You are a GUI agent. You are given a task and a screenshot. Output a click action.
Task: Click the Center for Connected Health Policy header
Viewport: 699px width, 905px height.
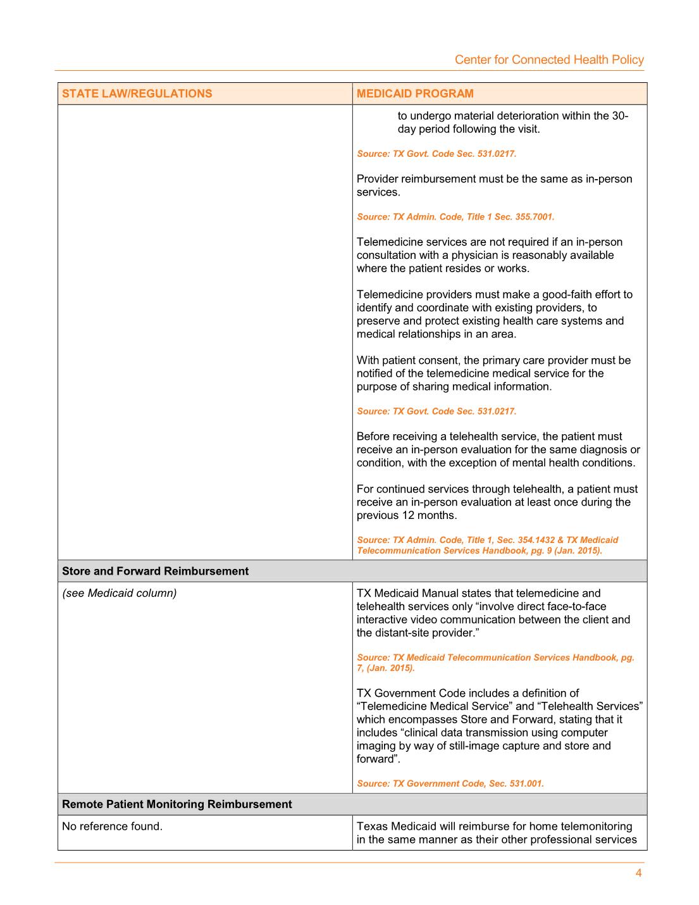[549, 59]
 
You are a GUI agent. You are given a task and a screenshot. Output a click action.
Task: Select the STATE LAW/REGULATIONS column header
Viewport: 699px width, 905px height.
[137, 94]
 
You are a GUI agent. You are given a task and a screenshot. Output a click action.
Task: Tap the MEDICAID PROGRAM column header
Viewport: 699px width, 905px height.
[415, 94]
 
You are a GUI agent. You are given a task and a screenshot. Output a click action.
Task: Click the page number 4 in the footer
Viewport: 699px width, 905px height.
[638, 873]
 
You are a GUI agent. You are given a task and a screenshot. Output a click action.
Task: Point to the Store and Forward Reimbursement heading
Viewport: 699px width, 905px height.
[155, 571]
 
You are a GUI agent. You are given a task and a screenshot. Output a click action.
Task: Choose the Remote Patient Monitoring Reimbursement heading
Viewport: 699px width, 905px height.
[176, 804]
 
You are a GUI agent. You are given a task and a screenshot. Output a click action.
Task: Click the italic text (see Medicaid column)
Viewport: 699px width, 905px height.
[119, 593]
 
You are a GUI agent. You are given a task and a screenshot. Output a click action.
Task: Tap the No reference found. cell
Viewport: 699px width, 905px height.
[112, 826]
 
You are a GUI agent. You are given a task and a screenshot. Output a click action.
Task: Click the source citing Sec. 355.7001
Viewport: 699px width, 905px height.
[455, 216]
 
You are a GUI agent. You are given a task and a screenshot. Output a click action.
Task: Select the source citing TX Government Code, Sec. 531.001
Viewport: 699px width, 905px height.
[450, 783]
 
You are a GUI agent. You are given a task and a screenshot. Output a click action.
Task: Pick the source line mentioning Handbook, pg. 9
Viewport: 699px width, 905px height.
[479, 551]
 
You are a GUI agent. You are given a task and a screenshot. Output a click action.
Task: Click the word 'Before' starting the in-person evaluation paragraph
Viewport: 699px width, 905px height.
[373, 437]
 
